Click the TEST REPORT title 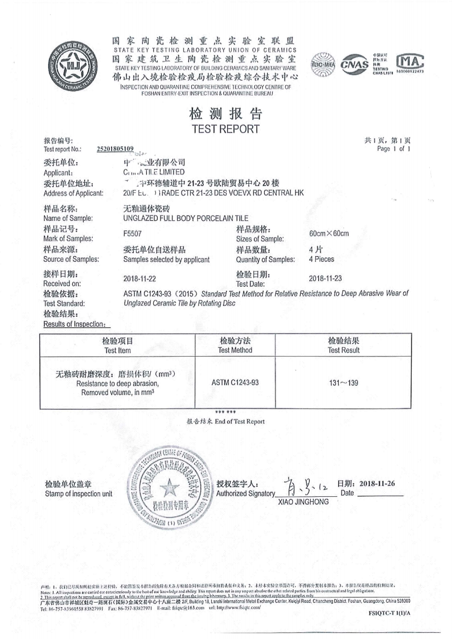[225, 129]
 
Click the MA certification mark [409, 61]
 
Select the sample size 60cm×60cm [328, 234]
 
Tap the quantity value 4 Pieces [322, 259]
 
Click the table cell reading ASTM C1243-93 [235, 382]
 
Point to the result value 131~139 [343, 382]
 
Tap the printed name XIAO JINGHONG [303, 502]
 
